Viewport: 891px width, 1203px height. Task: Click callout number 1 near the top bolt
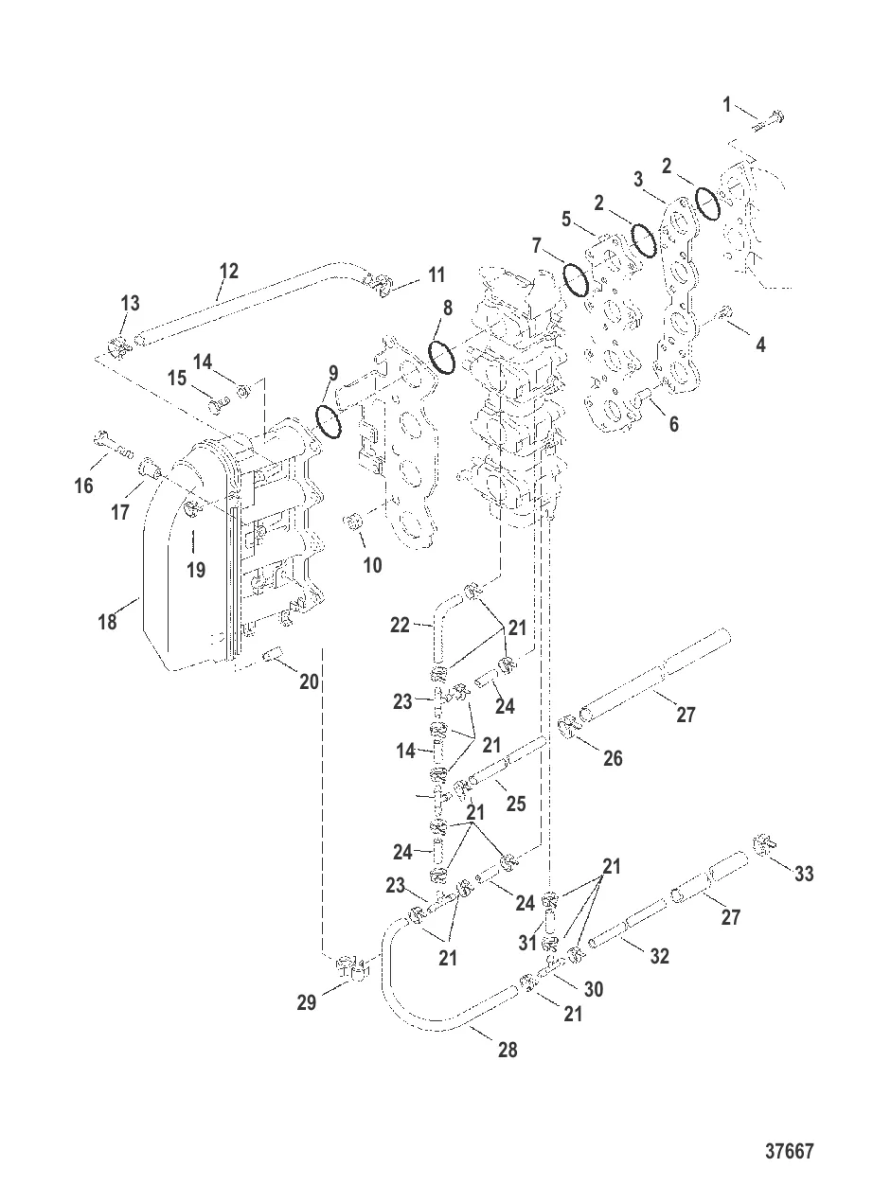(727, 105)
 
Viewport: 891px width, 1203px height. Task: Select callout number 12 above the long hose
(228, 272)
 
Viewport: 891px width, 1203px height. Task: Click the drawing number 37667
(789, 1152)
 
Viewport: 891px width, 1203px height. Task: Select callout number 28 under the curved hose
(508, 1049)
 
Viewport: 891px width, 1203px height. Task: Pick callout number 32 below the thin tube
(659, 956)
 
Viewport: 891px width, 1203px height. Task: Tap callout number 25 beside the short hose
(515, 803)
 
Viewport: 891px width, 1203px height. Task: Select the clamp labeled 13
(119, 346)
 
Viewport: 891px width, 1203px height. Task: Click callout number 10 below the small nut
(372, 565)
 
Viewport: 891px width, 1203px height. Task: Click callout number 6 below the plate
(673, 424)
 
